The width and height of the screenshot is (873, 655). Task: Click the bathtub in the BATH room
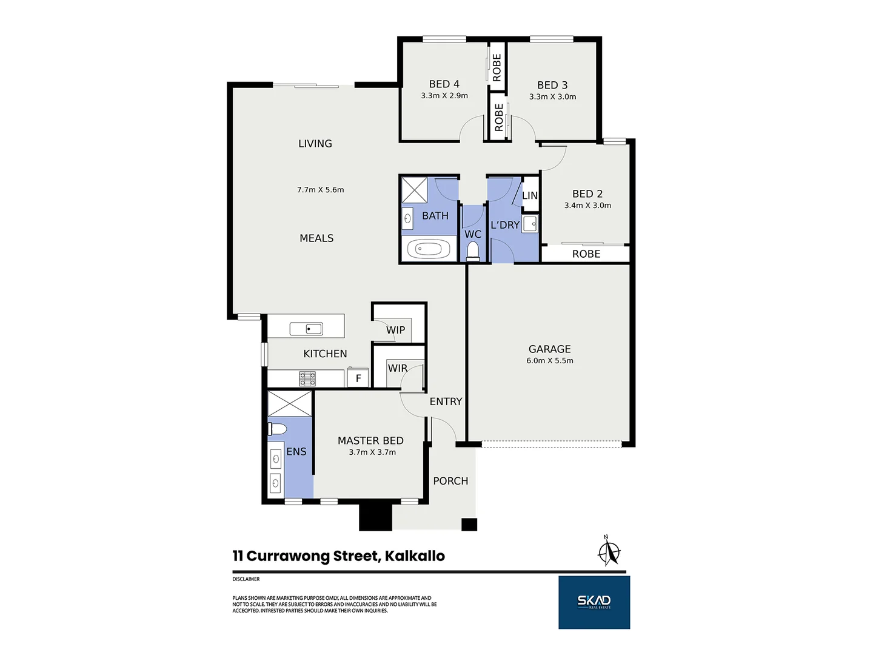click(428, 249)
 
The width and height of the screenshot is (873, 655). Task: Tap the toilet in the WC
click(472, 251)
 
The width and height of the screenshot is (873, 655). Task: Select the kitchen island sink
click(306, 329)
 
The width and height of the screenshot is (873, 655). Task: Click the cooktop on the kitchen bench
click(307, 378)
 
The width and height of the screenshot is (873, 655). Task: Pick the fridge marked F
click(358, 378)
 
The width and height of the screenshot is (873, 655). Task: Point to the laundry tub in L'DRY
click(530, 224)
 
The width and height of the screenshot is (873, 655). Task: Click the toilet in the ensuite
click(277, 429)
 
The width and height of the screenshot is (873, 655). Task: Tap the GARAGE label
click(549, 349)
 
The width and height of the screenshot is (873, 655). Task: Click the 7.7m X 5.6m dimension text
click(320, 190)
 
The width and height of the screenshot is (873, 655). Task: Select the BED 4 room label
click(444, 84)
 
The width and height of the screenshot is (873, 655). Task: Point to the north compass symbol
click(609, 551)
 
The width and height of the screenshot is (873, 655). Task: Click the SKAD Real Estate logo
click(594, 602)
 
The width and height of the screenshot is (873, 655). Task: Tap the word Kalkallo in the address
click(415, 556)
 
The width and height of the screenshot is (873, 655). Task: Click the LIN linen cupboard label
click(530, 195)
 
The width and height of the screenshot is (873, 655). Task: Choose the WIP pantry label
click(395, 330)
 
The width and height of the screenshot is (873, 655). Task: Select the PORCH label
click(450, 481)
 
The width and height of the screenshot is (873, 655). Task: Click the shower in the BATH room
click(414, 190)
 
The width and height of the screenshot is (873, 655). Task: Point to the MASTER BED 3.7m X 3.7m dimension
click(372, 452)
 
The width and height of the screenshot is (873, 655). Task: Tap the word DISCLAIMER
click(246, 579)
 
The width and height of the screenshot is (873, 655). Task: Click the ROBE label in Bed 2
click(586, 254)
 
